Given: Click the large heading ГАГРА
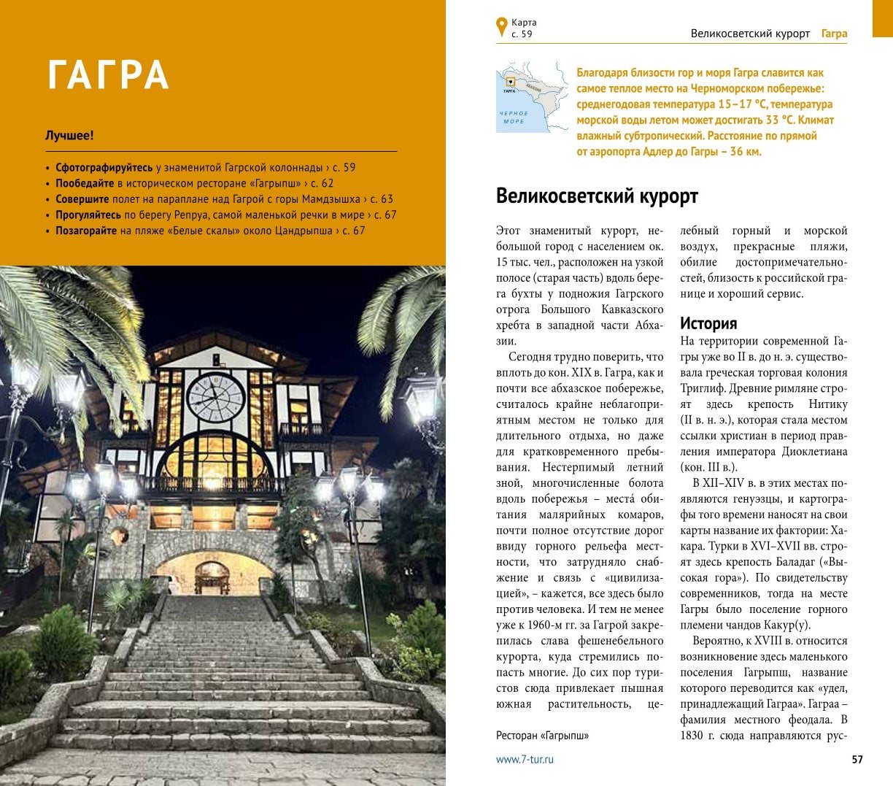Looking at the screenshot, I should [x=108, y=74].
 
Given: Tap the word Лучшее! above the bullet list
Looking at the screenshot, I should [x=69, y=136].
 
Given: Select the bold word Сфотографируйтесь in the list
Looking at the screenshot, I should [x=104, y=167].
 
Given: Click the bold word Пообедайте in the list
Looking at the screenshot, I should [x=85, y=183].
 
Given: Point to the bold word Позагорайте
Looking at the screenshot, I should [x=86, y=231].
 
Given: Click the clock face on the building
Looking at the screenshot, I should [x=216, y=398].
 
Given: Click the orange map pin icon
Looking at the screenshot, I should [x=501, y=27].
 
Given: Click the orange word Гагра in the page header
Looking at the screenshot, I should [x=834, y=34].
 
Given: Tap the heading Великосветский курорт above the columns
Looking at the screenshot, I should [x=597, y=196].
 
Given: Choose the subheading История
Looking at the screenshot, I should [x=708, y=323].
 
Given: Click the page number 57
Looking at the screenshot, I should [x=857, y=760].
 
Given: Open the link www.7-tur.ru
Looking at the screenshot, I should [x=525, y=760].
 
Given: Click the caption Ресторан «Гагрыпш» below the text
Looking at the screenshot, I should [x=542, y=736].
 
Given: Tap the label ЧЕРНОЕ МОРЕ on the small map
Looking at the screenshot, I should [x=514, y=117].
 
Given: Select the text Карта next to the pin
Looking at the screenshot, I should [x=524, y=23].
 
